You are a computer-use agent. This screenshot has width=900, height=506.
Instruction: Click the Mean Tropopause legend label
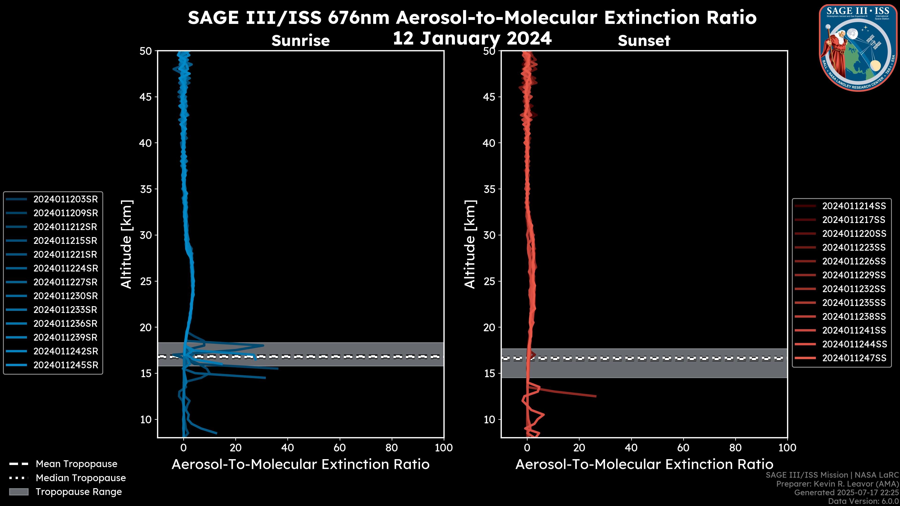[76, 464]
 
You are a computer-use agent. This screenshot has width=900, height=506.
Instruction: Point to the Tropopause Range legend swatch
[19, 492]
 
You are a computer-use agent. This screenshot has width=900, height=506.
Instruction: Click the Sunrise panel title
[300, 41]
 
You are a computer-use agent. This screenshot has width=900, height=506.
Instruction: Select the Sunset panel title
[644, 41]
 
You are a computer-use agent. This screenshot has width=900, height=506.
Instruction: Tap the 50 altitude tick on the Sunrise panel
[146, 51]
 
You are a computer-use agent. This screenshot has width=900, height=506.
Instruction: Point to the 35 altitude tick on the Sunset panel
[489, 189]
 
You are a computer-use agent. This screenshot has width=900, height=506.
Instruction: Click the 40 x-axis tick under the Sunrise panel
[288, 448]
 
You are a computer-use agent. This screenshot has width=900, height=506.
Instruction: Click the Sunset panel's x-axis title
[644, 465]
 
